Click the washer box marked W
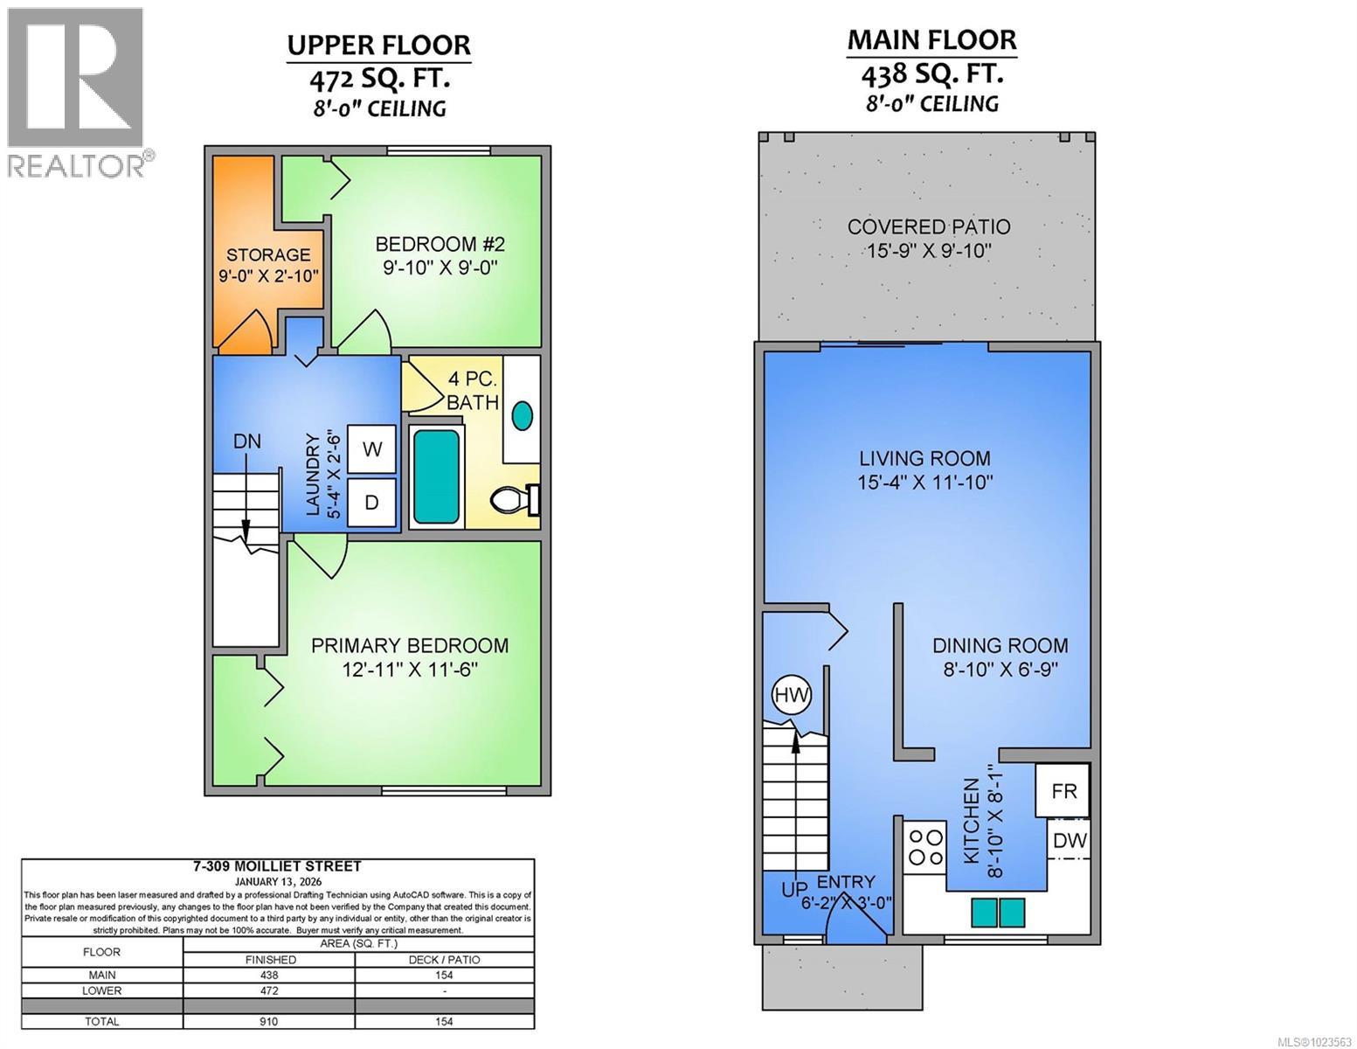pos(371,449)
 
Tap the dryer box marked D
pos(371,503)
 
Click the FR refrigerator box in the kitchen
pos(1063,791)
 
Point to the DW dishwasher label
pos(1069,841)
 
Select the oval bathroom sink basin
pos(523,415)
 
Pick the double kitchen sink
pos(998,913)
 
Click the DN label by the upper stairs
pos(246,441)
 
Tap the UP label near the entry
pos(794,890)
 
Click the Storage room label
pos(268,255)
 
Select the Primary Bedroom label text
pos(410,646)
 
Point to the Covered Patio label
pos(928,227)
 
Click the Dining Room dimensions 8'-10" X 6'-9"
pos(1000,670)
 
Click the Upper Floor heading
pos(379,45)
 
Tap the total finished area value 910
pos(268,1021)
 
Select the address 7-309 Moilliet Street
pos(276,866)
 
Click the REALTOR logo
pos(76,92)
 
